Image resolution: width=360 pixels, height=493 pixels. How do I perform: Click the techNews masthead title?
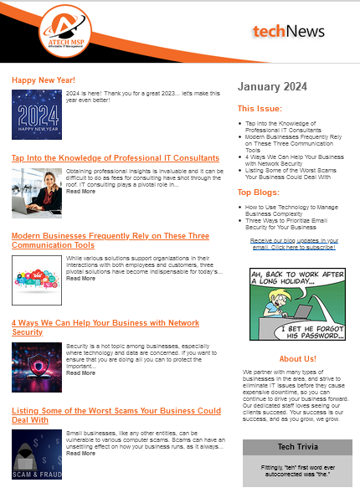pos(289,32)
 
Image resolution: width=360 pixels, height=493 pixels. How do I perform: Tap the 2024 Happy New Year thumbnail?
pos(37,114)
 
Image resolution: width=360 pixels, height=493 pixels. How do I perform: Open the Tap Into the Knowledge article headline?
pos(116,157)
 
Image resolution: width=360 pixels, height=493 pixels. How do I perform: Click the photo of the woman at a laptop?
pos(37,193)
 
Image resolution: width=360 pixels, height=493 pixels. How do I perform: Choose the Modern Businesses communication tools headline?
pos(110,240)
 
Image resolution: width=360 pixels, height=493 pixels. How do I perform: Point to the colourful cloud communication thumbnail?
pos(37,280)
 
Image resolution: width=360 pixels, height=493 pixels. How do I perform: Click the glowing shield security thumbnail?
pos(37,367)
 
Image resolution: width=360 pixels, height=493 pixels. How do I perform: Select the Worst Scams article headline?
pos(116,415)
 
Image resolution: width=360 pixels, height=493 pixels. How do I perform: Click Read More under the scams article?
pos(80,454)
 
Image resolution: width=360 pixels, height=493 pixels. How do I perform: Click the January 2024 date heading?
pos(272,86)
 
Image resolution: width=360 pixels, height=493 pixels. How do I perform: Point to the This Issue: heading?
pos(260,109)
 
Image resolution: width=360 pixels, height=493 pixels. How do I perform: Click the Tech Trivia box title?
pos(297,448)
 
